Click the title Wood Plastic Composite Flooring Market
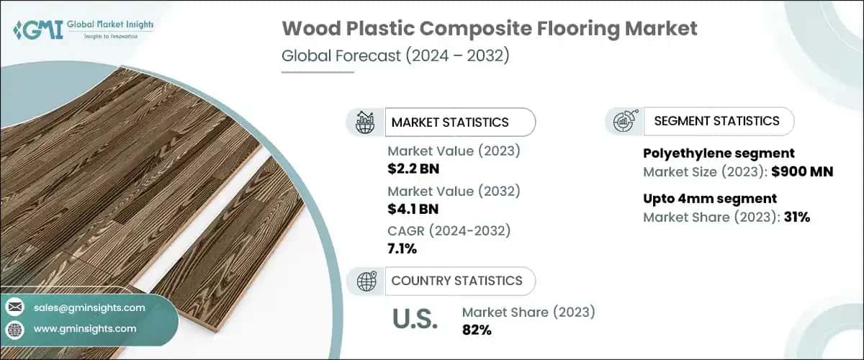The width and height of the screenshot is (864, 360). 490,30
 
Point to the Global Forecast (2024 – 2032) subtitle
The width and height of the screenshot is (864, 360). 395,56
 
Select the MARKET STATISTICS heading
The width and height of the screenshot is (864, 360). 449,122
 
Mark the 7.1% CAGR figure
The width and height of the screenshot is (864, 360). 402,248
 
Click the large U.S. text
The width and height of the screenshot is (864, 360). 415,320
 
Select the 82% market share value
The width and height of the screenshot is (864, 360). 477,330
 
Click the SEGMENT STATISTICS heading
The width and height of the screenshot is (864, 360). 716,121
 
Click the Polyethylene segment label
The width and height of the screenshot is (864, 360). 718,153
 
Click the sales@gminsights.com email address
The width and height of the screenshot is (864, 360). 89,307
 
